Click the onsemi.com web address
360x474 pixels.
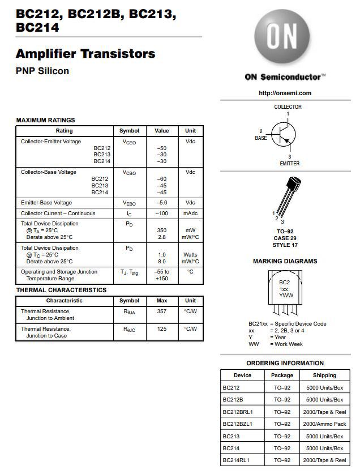[285, 93]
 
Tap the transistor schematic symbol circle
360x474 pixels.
[283, 134]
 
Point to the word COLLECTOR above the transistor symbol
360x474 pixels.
[288, 107]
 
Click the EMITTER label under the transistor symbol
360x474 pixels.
[289, 164]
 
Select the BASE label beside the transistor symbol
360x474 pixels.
[260, 138]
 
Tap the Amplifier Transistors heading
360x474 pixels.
[85, 54]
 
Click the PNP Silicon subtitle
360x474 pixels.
[42, 71]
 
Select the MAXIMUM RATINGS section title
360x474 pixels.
[45, 120]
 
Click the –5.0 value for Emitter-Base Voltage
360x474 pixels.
[162, 203]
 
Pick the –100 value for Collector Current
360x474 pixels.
[162, 213]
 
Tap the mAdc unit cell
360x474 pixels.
[190, 213]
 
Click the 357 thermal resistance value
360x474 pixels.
[162, 311]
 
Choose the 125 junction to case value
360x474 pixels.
[162, 329]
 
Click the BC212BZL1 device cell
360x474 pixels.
[238, 424]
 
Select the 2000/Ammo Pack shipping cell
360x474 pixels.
[324, 424]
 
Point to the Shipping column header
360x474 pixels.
[324, 375]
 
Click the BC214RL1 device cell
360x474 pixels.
[236, 460]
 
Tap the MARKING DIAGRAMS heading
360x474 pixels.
[285, 262]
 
